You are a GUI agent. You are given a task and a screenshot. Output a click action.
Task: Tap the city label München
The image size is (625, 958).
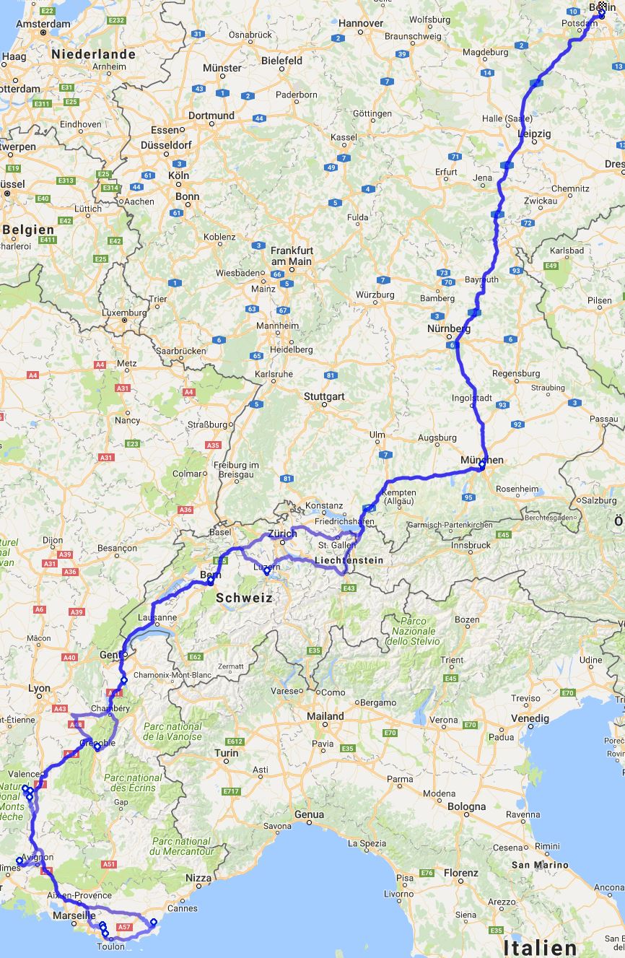pos(482,459)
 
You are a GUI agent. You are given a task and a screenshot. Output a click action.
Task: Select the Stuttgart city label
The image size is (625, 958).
pos(324,396)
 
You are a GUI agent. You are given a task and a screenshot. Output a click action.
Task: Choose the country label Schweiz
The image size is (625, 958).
pos(245,598)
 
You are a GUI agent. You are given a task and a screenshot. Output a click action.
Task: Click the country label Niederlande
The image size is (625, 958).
pos(93,54)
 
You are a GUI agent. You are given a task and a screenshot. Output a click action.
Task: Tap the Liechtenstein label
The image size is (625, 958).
pos(349,559)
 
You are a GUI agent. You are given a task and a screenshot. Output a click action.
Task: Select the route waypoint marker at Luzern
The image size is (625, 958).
pos(266,571)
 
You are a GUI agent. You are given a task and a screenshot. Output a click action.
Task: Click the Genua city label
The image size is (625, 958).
pos(309,814)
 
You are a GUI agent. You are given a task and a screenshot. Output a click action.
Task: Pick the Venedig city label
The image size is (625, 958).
pos(530,718)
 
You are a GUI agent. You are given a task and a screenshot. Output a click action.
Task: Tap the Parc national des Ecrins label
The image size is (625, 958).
pos(133,783)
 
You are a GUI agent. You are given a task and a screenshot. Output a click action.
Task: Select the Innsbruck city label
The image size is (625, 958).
pos(472,545)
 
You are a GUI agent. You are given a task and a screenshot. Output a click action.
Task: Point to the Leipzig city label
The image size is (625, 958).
pos(534,134)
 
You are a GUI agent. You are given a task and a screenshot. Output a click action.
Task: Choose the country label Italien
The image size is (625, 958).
pos(540,947)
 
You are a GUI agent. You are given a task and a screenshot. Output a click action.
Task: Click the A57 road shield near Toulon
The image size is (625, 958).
pos(124,926)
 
